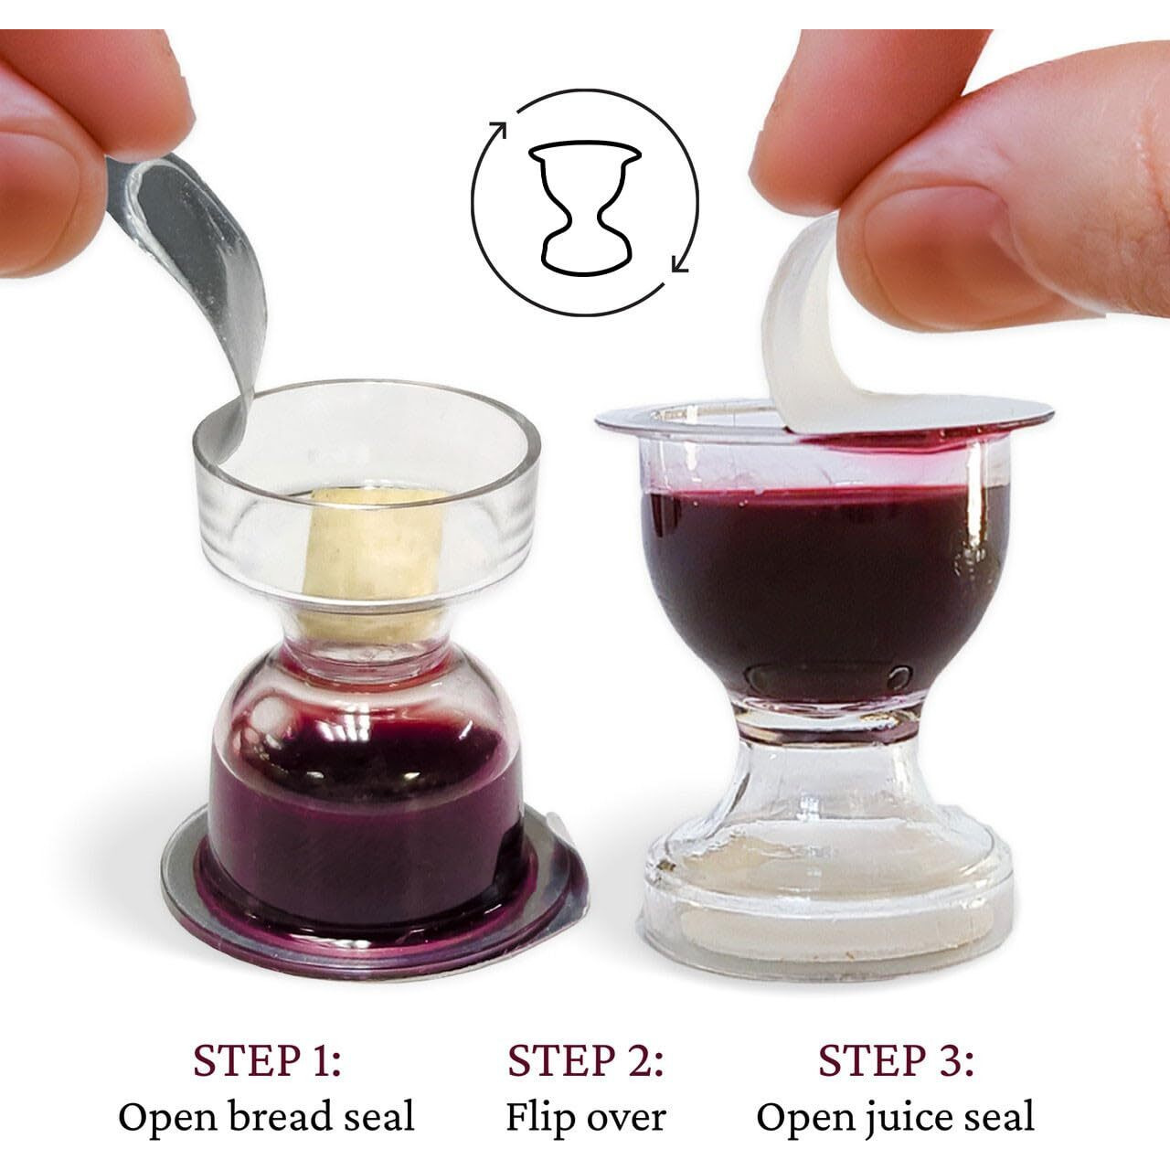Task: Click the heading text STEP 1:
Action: coord(267,1061)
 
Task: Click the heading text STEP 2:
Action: coord(585,1061)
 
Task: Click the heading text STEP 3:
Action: coord(896,1061)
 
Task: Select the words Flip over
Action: coord(585,1117)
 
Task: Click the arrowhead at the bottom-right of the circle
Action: coord(678,265)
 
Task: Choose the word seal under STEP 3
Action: coord(1000,1117)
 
